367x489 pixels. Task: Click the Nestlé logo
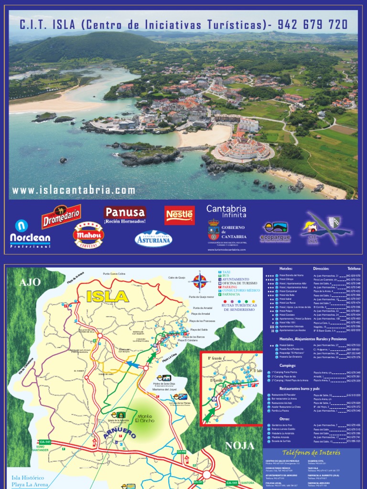pos(179,215)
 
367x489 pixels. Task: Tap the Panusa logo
pos(125,213)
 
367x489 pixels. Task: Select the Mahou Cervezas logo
pos(88,235)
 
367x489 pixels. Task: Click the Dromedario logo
pos(61,217)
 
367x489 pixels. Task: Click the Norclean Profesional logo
pos(30,234)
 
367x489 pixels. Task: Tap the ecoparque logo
pos(275,232)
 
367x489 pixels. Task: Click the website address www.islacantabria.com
pos(74,190)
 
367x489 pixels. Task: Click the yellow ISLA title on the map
pos(108,297)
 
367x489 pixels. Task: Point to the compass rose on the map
pos(200,281)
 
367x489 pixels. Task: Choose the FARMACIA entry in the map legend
pos(231,294)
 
